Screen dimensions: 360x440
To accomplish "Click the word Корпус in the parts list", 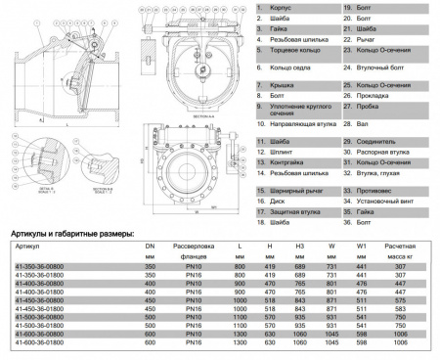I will pyautogui.click(x=277, y=7).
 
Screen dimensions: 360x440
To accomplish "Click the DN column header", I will pyautogui.click(x=151, y=246).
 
